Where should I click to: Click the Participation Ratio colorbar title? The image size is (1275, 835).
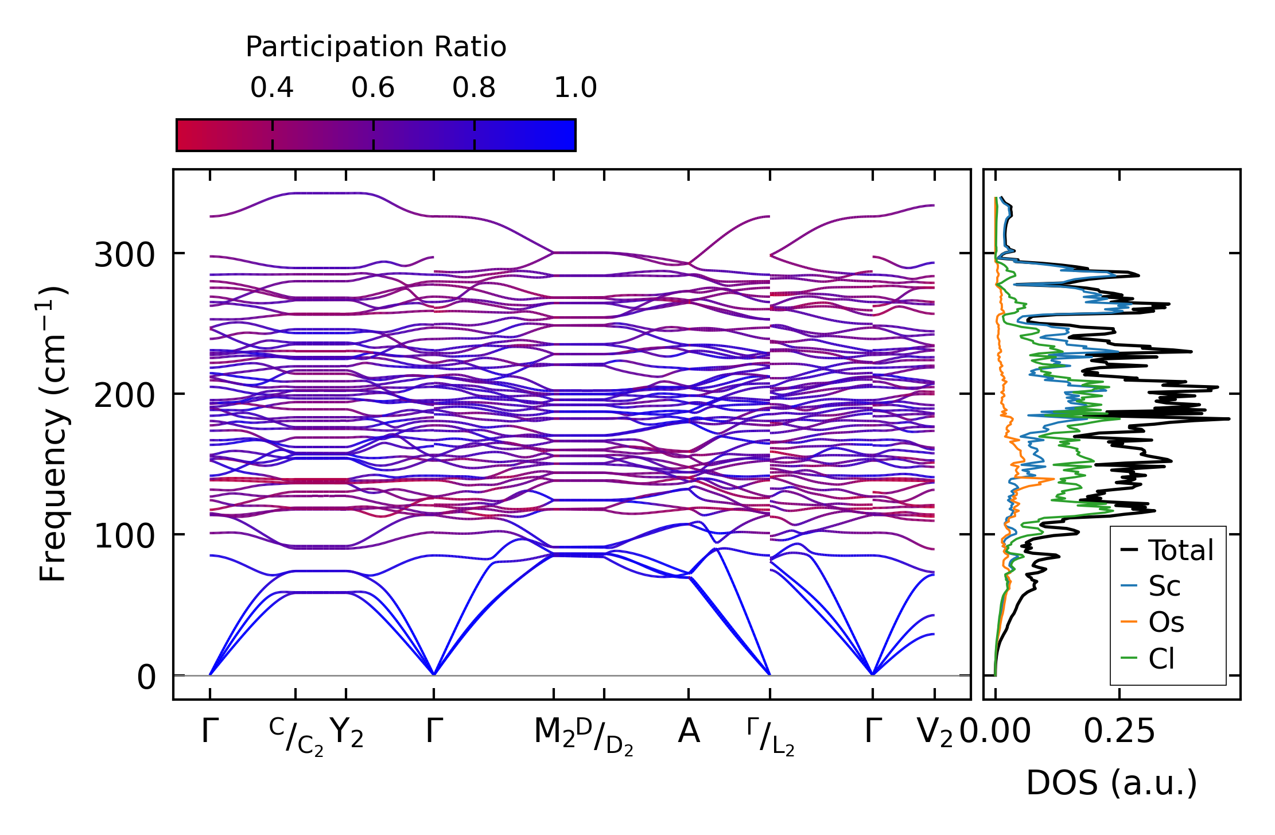(x=376, y=47)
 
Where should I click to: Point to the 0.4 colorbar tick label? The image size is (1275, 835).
(x=272, y=88)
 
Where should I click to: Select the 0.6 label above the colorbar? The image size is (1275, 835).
(x=373, y=88)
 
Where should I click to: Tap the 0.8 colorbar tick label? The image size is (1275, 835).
(x=474, y=88)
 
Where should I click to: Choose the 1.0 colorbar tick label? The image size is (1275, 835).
(x=576, y=88)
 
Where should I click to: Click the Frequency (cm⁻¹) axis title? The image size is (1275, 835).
(x=53, y=434)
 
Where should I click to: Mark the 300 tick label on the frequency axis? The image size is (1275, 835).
(x=125, y=255)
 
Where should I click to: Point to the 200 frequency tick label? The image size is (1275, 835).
(x=125, y=395)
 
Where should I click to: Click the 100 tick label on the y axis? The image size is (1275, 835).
(x=125, y=536)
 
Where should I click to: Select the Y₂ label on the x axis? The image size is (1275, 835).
(x=347, y=733)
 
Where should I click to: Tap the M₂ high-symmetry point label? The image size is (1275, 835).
(x=554, y=733)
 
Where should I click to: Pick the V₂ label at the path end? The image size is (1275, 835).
(x=935, y=733)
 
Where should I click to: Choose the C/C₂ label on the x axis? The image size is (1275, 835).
(x=296, y=736)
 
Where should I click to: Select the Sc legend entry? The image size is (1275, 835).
(x=1164, y=587)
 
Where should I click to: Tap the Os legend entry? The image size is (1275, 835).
(x=1166, y=622)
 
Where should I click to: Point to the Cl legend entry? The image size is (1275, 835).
(x=1161, y=658)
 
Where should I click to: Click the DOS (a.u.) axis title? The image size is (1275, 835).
(x=1111, y=783)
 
